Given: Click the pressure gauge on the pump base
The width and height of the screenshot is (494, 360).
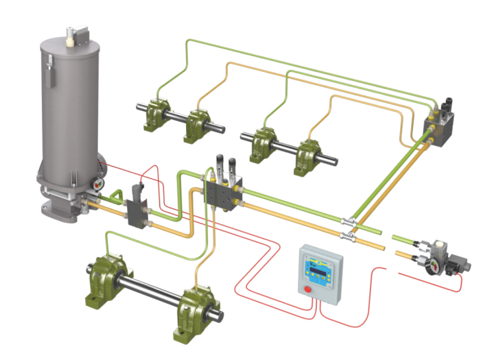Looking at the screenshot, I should [97, 183].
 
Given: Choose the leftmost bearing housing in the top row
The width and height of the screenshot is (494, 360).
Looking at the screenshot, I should [154, 115].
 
